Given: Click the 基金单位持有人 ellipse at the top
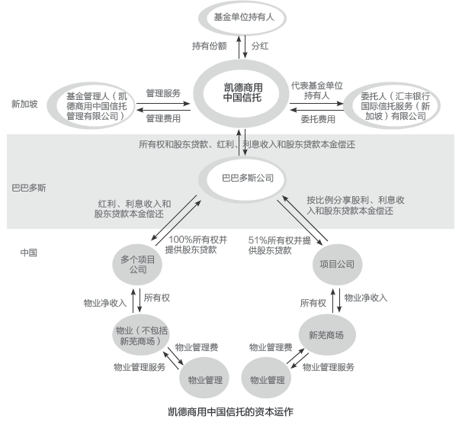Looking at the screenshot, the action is pyautogui.click(x=242, y=18).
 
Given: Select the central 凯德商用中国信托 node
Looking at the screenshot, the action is pyautogui.click(x=241, y=93).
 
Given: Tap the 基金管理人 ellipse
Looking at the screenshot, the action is pyautogui.click(x=91, y=105).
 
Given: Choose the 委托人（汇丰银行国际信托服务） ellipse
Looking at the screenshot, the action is pyautogui.click(x=392, y=105).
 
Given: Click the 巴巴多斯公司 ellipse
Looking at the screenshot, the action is pyautogui.click(x=242, y=179).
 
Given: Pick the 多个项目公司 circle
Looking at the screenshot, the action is pyautogui.click(x=137, y=264).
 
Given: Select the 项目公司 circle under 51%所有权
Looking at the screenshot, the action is pyautogui.click(x=337, y=264).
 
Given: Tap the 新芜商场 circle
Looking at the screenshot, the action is pyautogui.click(x=327, y=335).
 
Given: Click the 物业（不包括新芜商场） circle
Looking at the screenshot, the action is pyautogui.click(x=141, y=335).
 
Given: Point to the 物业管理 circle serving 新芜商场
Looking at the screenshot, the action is pyautogui.click(x=266, y=378).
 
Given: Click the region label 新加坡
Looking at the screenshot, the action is pyautogui.click(x=24, y=104).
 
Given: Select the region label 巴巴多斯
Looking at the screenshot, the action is pyautogui.click(x=29, y=188).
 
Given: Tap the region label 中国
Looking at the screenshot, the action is pyautogui.click(x=29, y=253).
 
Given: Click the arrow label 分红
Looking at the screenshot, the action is pyautogui.click(x=260, y=46).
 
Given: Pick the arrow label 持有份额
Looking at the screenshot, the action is pyautogui.click(x=209, y=46).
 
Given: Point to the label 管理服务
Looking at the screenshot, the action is pyautogui.click(x=163, y=93).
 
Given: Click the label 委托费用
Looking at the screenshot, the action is pyautogui.click(x=318, y=119).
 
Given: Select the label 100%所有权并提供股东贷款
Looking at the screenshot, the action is pyautogui.click(x=196, y=245).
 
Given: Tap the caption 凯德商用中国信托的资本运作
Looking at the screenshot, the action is pyautogui.click(x=230, y=412).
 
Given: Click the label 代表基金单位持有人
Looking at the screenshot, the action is pyautogui.click(x=316, y=91).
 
